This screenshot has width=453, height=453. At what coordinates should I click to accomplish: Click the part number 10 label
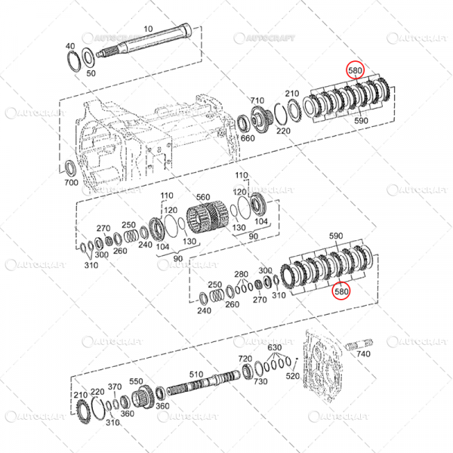148,29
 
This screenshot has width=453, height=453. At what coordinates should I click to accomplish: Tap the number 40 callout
70,46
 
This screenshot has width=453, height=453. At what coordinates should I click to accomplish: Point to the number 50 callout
91,72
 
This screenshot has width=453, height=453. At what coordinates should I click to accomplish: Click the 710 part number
257,100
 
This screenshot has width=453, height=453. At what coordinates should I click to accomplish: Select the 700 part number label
71,183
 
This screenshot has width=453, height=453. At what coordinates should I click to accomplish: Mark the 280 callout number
241,274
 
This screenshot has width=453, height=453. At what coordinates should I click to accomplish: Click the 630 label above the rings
274,347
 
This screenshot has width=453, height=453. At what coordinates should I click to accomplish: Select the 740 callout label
363,353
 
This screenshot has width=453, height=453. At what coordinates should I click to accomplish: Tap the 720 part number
245,359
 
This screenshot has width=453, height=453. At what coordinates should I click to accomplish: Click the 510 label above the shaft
196,374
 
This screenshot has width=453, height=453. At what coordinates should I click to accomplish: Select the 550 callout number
136,381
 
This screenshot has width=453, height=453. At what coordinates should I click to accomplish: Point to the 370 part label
114,387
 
